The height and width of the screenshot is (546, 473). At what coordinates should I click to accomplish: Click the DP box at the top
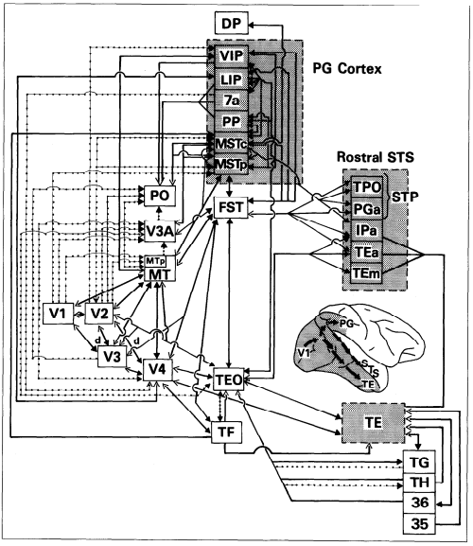tap(232, 23)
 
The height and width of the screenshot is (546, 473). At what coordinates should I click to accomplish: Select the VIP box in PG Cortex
tap(232, 56)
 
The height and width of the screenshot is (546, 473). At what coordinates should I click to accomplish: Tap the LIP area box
tap(232, 79)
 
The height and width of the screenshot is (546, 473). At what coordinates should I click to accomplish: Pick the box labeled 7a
tap(232, 100)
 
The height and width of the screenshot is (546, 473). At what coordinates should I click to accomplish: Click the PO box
tap(160, 196)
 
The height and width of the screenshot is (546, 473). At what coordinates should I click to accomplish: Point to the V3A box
tap(160, 231)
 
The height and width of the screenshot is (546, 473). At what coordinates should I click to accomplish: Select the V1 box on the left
tap(58, 313)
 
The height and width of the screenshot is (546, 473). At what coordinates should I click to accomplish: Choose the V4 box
tap(158, 370)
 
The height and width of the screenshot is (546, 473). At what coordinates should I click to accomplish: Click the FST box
tap(231, 207)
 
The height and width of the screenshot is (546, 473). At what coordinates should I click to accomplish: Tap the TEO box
tap(229, 379)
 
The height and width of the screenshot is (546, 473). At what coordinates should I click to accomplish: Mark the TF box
tap(227, 432)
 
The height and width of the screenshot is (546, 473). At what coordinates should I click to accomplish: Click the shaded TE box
tap(374, 423)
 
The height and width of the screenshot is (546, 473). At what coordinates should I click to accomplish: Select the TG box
tap(419, 463)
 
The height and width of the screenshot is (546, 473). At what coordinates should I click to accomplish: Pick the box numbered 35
tap(419, 523)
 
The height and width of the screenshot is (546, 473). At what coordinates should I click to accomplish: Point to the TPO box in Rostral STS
tap(367, 187)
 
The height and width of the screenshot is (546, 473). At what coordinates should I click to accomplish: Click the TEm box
tap(366, 273)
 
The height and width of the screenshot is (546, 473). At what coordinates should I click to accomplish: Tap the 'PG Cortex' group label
tap(346, 68)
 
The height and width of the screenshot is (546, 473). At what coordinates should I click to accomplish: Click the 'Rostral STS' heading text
tap(376, 157)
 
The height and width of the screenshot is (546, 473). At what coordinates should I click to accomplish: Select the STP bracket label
tap(405, 197)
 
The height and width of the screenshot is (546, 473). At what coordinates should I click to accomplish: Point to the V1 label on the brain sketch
tap(304, 353)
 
